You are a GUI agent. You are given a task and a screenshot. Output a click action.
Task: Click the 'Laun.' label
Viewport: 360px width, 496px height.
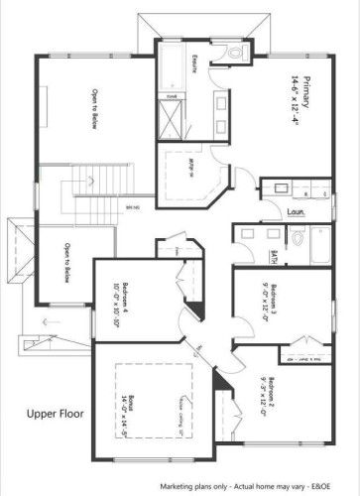(x=294, y=209)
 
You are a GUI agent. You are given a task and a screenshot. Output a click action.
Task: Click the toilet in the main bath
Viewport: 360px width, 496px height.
(x=297, y=237)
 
